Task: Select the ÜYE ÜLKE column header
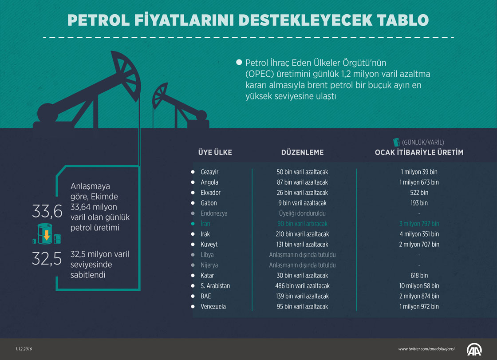pyautogui.click(x=215, y=153)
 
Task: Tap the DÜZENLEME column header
pyautogui.click(x=302, y=153)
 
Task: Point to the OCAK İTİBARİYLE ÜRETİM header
pyautogui.click(x=419, y=153)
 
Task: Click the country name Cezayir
pyautogui.click(x=209, y=172)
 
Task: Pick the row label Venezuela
pyautogui.click(x=213, y=307)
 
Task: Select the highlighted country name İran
pyautogui.click(x=205, y=224)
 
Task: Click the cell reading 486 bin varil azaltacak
pyautogui.click(x=302, y=286)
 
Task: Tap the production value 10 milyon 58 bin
pyautogui.click(x=419, y=286)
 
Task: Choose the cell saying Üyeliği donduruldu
pyautogui.click(x=302, y=214)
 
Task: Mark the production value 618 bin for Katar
pyautogui.click(x=419, y=276)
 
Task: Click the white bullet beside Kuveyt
pyautogui.click(x=193, y=244)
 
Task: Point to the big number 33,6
pyautogui.click(x=47, y=212)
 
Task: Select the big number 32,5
pyautogui.click(x=47, y=259)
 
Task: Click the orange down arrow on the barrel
pyautogui.click(x=47, y=235)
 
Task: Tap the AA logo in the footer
pyautogui.click(x=474, y=349)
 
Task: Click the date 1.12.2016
pyautogui.click(x=24, y=349)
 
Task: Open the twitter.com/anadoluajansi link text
pyautogui.click(x=426, y=349)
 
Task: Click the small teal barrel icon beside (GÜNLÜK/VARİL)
pyautogui.click(x=396, y=142)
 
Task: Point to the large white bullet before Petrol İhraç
pyautogui.click(x=239, y=62)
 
